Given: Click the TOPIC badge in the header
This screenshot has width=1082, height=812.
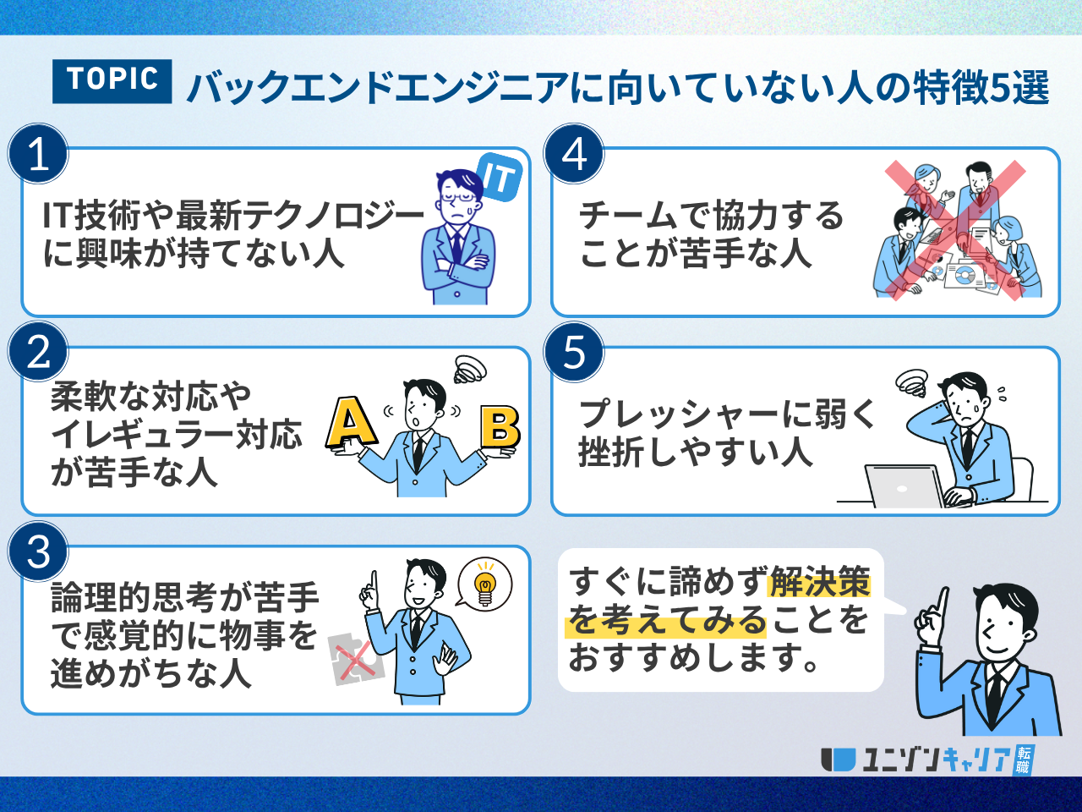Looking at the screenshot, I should pyautogui.click(x=112, y=81).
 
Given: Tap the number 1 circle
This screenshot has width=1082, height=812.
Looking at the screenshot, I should pyautogui.click(x=38, y=154).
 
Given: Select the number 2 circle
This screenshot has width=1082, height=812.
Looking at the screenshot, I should pyautogui.click(x=38, y=352).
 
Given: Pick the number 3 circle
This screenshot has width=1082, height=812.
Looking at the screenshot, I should pyautogui.click(x=38, y=551).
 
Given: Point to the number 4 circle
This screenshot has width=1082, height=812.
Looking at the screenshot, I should pyautogui.click(x=575, y=154).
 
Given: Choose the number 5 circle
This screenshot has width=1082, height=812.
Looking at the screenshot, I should pyautogui.click(x=575, y=352).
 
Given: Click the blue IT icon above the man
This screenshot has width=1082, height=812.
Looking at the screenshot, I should pyautogui.click(x=499, y=178).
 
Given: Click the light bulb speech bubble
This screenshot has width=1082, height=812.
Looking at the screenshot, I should pyautogui.click(x=484, y=584).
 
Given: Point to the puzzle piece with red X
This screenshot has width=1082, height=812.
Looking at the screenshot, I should pyautogui.click(x=356, y=658).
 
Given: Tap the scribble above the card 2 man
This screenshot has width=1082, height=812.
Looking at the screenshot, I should pyautogui.click(x=470, y=370).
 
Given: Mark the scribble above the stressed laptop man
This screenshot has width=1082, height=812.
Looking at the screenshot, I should pyautogui.click(x=911, y=383).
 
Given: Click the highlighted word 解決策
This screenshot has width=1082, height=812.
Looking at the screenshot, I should pyautogui.click(x=819, y=582).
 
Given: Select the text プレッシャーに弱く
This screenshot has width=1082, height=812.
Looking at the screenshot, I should pyautogui.click(x=727, y=414).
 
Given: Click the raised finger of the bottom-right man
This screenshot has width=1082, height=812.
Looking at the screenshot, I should pyautogui.click(x=941, y=602).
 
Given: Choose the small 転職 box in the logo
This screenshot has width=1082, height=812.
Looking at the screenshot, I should pyautogui.click(x=1023, y=760).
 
